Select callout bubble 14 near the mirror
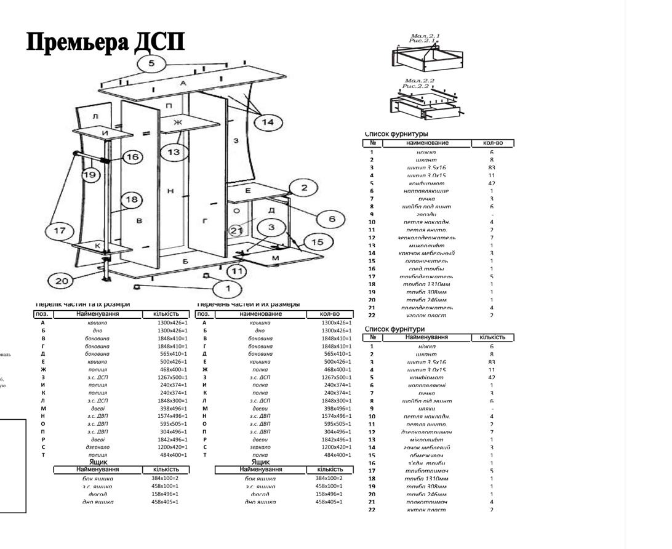268,122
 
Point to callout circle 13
174,151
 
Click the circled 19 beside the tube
90,175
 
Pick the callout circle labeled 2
304,188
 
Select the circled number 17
60,231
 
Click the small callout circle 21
236,230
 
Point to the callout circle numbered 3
271,228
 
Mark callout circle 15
316,242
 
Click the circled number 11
236,271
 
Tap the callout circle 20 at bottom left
62,281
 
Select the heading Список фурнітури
394,329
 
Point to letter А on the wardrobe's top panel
183,82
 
